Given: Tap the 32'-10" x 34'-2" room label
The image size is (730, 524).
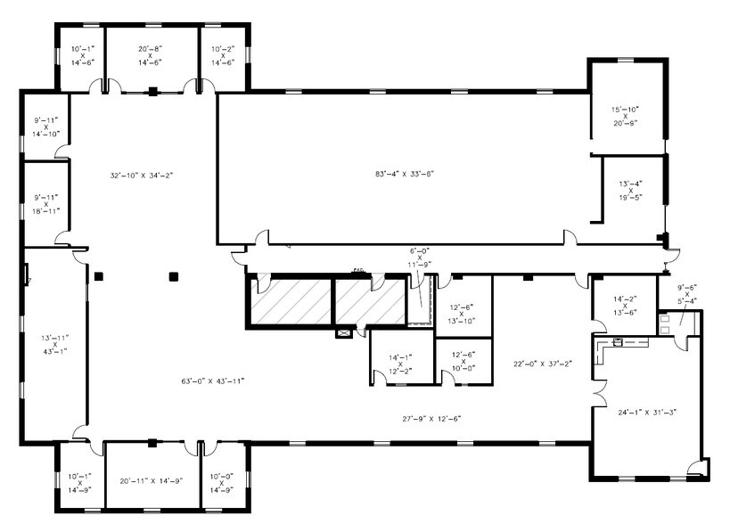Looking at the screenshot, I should (140, 175).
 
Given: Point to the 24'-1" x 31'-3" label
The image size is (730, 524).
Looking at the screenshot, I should (647, 412).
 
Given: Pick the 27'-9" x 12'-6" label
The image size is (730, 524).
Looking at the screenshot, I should (431, 418).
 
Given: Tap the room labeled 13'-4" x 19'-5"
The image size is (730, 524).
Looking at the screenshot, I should (630, 191).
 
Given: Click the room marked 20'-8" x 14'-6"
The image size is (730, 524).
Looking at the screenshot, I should (150, 55).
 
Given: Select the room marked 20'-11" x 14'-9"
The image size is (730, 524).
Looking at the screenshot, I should (151, 481).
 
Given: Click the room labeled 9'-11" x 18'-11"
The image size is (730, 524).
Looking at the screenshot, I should (45, 204).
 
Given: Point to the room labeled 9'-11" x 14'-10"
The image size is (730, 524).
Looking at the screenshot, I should (45, 127).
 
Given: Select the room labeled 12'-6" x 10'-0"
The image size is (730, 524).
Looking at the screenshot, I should (463, 361).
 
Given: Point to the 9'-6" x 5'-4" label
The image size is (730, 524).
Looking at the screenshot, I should (686, 294).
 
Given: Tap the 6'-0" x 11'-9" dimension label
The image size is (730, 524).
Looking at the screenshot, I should (419, 258).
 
